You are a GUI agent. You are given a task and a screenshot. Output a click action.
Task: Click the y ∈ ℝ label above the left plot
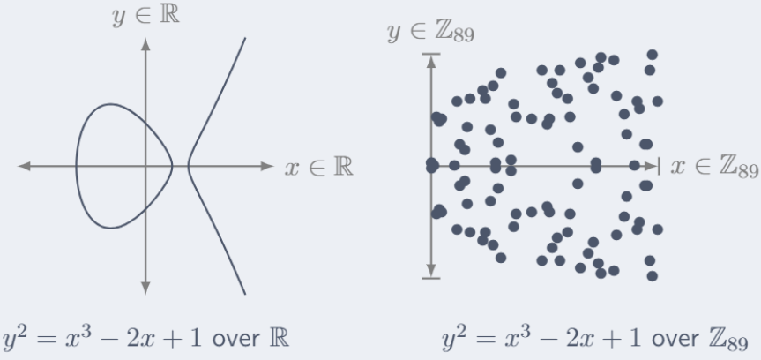pyautogui.click(x=145, y=16)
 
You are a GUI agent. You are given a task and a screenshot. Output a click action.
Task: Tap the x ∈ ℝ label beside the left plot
pyautogui.click(x=319, y=168)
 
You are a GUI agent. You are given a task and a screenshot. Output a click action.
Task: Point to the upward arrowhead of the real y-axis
pyautogui.click(x=145, y=44)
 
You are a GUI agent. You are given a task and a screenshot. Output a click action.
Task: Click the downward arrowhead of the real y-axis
pyautogui.click(x=145, y=289)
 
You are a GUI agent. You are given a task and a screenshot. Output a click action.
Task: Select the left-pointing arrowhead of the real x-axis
pyautogui.click(x=25, y=166)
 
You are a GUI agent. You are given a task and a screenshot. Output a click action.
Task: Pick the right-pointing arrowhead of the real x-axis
pyautogui.click(x=267, y=166)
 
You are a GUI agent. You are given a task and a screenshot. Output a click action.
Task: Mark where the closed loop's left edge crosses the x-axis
pyautogui.click(x=76, y=166)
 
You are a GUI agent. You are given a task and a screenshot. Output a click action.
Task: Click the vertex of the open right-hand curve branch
pyautogui.click(x=189, y=166)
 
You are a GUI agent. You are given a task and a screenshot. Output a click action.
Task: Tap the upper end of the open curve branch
pyautogui.click(x=245, y=38)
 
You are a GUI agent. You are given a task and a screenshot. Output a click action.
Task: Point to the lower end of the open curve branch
pyautogui.click(x=245, y=294)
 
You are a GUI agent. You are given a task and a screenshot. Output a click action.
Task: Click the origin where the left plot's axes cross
pyautogui.click(x=145, y=166)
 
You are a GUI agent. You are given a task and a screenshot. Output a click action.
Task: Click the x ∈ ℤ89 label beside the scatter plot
pyautogui.click(x=714, y=168)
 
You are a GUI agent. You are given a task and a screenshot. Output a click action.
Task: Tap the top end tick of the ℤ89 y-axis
pyautogui.click(x=431, y=54)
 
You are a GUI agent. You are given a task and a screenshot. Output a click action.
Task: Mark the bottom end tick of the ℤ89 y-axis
pyautogui.click(x=431, y=278)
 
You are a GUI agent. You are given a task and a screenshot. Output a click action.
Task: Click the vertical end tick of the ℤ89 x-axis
pyautogui.click(x=658, y=166)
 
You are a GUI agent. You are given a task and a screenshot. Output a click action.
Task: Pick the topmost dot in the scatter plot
pyautogui.click(x=653, y=55)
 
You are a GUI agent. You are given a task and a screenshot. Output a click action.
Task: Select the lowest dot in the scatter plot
pyautogui.click(x=653, y=276)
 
